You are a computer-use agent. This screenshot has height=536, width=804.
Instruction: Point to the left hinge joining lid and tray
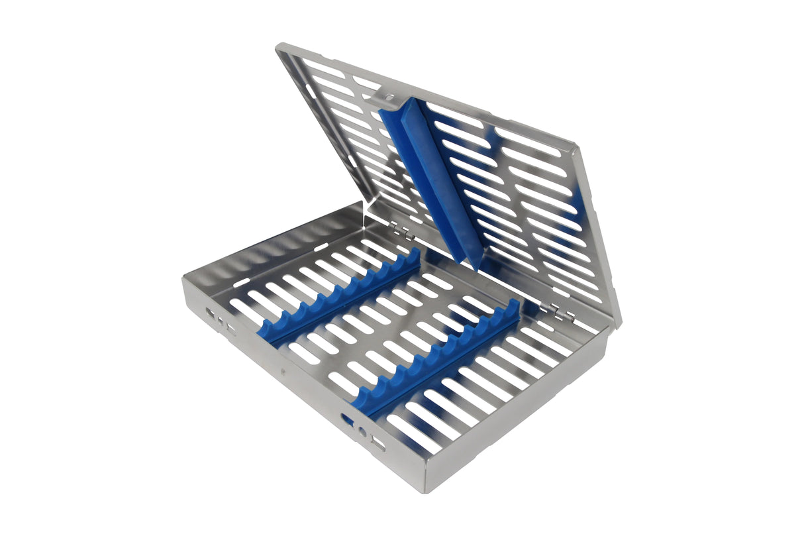[401, 232]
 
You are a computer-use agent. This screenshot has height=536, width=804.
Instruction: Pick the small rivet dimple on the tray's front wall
[284, 365]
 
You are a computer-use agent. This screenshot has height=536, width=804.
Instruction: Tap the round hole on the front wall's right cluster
[362, 432]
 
